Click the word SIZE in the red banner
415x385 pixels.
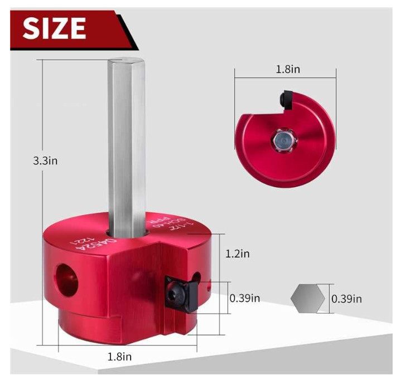(x=55, y=27)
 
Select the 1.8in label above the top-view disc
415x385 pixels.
(x=286, y=70)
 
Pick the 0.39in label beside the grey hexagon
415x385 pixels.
(x=346, y=299)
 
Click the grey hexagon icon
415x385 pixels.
(x=307, y=299)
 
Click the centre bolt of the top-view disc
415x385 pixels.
(x=282, y=140)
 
